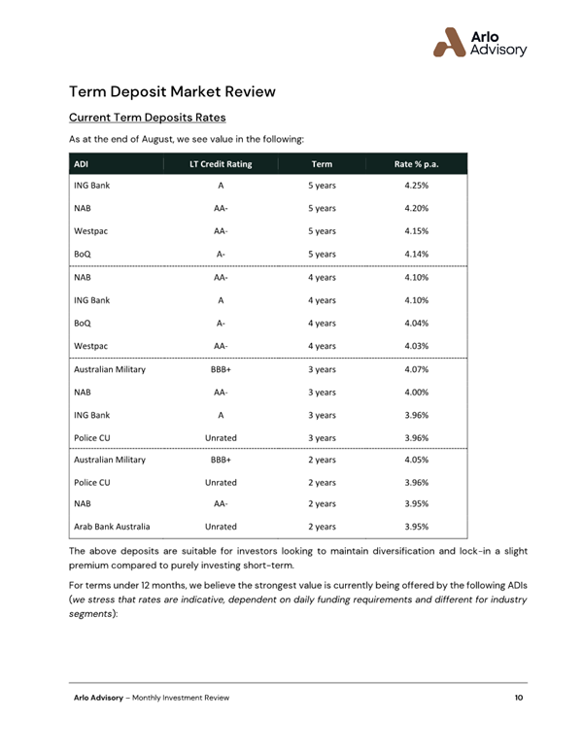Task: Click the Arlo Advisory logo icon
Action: (x=450, y=42)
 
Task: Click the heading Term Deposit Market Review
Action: (x=172, y=91)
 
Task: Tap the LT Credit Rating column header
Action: (x=221, y=164)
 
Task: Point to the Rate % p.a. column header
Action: (x=416, y=164)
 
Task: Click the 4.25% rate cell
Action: (x=416, y=185)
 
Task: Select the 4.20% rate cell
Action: (x=416, y=208)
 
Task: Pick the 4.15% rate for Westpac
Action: (x=416, y=231)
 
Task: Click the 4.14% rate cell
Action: (x=416, y=255)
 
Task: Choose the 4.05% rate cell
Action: (x=416, y=460)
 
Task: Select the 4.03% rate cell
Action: (x=416, y=346)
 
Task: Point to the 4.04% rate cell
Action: (x=416, y=323)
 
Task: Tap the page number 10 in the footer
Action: (x=520, y=699)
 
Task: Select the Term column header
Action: (x=321, y=164)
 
